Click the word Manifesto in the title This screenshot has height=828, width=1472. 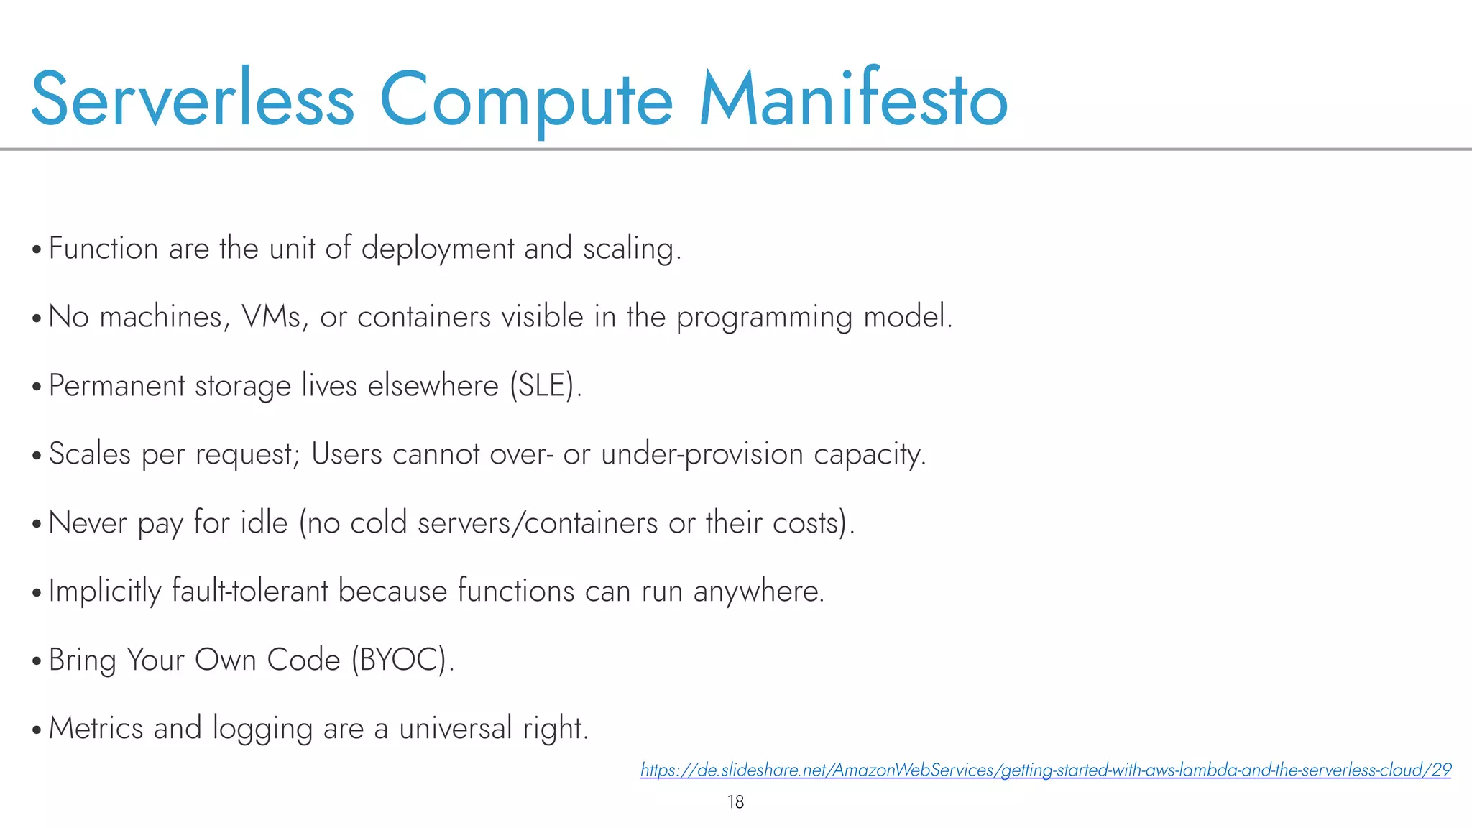(853, 99)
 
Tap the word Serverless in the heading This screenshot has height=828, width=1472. (193, 99)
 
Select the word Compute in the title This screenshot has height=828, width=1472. (525, 99)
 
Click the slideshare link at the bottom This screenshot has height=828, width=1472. (1045, 770)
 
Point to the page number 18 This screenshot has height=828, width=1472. (735, 802)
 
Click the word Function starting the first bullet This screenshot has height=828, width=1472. (103, 249)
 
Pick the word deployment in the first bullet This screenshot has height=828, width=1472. (437, 249)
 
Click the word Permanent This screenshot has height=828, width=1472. (116, 385)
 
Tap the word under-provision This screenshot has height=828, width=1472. (701, 454)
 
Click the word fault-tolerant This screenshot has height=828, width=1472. (249, 591)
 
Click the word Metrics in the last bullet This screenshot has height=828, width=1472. (96, 728)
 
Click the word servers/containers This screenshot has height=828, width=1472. (537, 523)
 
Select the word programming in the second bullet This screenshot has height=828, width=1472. (763, 317)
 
